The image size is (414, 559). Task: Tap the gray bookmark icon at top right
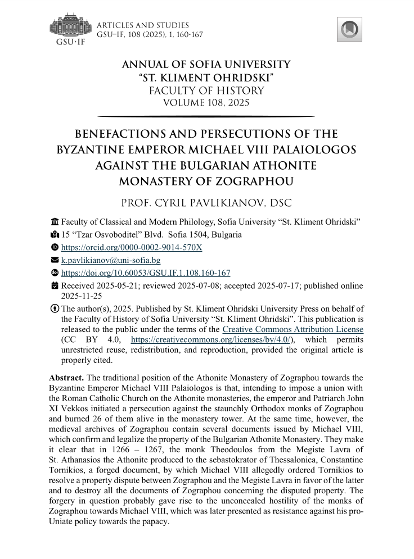pos(349,29)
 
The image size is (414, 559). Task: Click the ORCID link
pos(132,247)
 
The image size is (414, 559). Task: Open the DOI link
pos(146,273)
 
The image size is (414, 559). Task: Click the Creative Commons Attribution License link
pos(292,329)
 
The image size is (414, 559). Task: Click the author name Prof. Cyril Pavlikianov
pos(206,202)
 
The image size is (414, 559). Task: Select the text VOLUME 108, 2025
pos(206,102)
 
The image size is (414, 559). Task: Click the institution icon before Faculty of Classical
pos(55,222)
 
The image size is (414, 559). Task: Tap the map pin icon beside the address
pos(55,235)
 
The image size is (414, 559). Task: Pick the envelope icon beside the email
pos(55,260)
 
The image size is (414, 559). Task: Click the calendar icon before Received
pos(55,286)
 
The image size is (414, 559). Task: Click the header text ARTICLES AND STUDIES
pos(143,25)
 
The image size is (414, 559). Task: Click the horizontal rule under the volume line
pos(206,116)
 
